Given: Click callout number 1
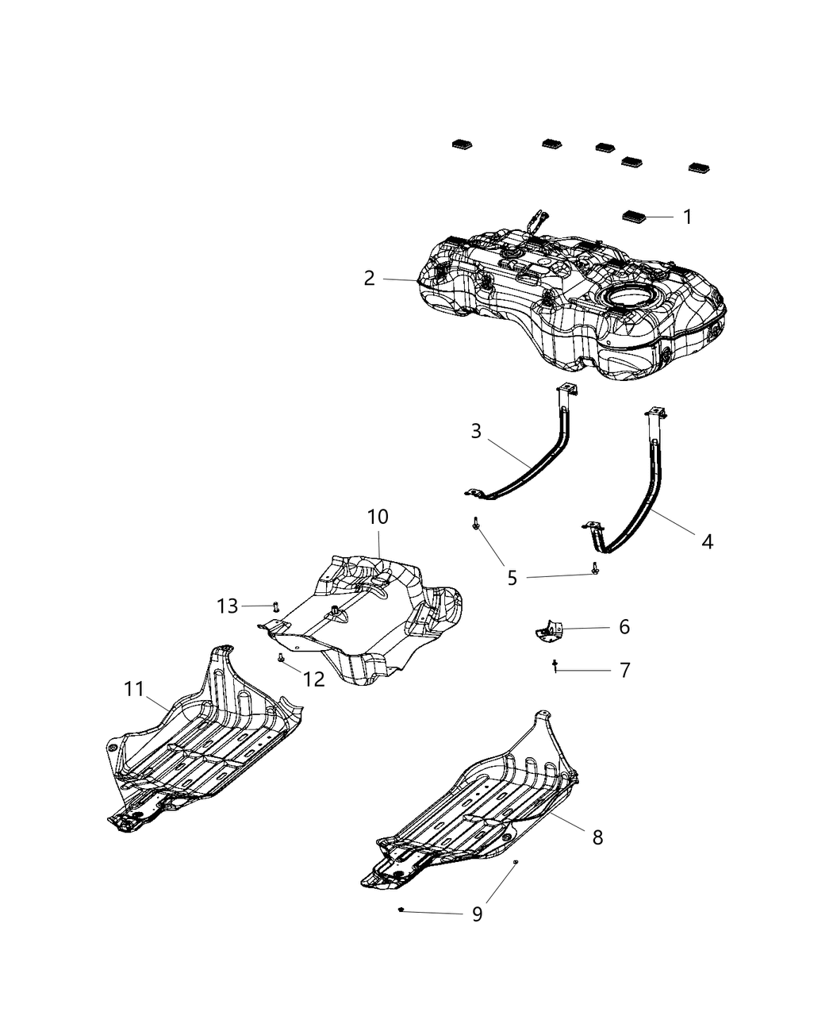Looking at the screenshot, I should click(687, 217).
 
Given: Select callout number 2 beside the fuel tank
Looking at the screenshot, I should click(370, 279).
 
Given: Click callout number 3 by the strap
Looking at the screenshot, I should click(476, 431).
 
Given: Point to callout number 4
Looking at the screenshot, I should click(707, 542).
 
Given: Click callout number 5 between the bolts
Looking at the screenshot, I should click(512, 579).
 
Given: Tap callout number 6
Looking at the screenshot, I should click(624, 627).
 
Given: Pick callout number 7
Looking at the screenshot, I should click(624, 671).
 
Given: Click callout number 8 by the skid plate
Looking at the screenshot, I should click(597, 837).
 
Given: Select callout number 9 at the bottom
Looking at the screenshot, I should click(477, 914).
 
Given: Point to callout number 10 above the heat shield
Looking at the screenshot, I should click(378, 517).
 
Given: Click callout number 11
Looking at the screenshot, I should click(135, 690).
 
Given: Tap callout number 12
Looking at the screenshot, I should click(314, 679).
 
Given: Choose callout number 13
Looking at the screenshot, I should click(227, 606).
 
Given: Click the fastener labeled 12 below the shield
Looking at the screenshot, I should click(282, 658).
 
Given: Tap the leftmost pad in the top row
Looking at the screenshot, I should click(462, 144).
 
